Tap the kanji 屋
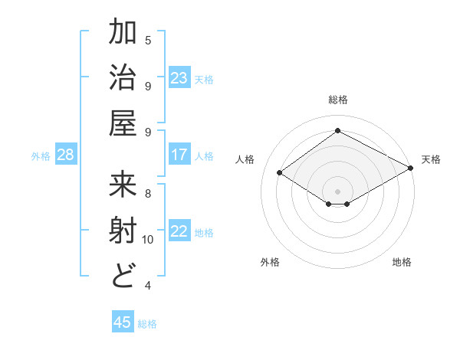(x=124, y=123)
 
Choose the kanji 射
(x=124, y=231)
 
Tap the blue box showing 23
(x=179, y=78)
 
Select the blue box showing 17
(x=179, y=155)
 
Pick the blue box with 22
(x=179, y=231)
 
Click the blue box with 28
(x=66, y=155)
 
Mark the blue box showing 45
(x=123, y=322)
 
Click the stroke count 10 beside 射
(x=148, y=240)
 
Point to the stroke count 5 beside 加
(x=148, y=40)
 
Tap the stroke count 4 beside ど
(x=148, y=286)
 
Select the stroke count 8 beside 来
(x=148, y=193)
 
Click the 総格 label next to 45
(x=147, y=324)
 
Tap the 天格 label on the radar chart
(x=431, y=159)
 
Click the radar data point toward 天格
(x=411, y=169)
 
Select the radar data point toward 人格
(x=280, y=173)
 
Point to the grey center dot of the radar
(x=337, y=191)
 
